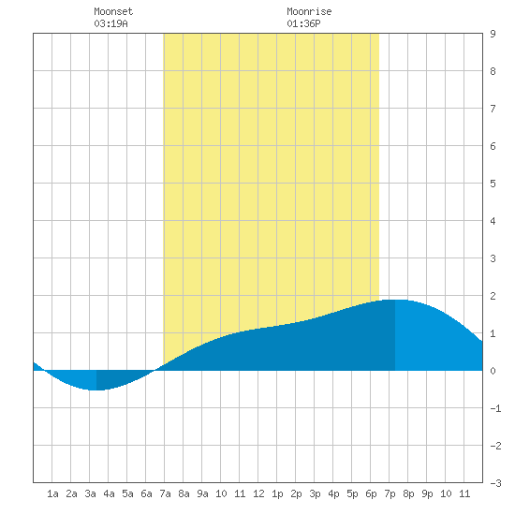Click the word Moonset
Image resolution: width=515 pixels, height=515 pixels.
113,11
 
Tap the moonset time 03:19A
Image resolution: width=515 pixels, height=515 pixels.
110,23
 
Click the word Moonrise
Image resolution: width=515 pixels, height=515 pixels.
309,11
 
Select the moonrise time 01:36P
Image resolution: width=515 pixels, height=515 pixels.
303,23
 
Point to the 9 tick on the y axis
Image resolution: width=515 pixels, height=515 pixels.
493,34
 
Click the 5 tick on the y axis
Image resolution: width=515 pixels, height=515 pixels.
493,184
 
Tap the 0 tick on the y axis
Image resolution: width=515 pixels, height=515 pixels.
493,371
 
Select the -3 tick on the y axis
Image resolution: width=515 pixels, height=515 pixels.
495,483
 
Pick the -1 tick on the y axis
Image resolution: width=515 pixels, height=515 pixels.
495,408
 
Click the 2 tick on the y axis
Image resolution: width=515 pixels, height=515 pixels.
493,296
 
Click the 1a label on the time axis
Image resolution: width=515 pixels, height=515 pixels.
52,493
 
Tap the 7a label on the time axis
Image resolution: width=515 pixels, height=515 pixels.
165,493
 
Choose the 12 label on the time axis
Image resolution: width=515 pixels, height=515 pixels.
258,493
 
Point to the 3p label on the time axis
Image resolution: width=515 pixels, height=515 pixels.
315,493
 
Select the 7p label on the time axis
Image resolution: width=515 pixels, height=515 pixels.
390,493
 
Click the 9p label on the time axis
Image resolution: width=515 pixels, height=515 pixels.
427,493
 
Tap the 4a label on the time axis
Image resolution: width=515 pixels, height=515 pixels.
109,493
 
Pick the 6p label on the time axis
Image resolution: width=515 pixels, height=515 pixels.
371,493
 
